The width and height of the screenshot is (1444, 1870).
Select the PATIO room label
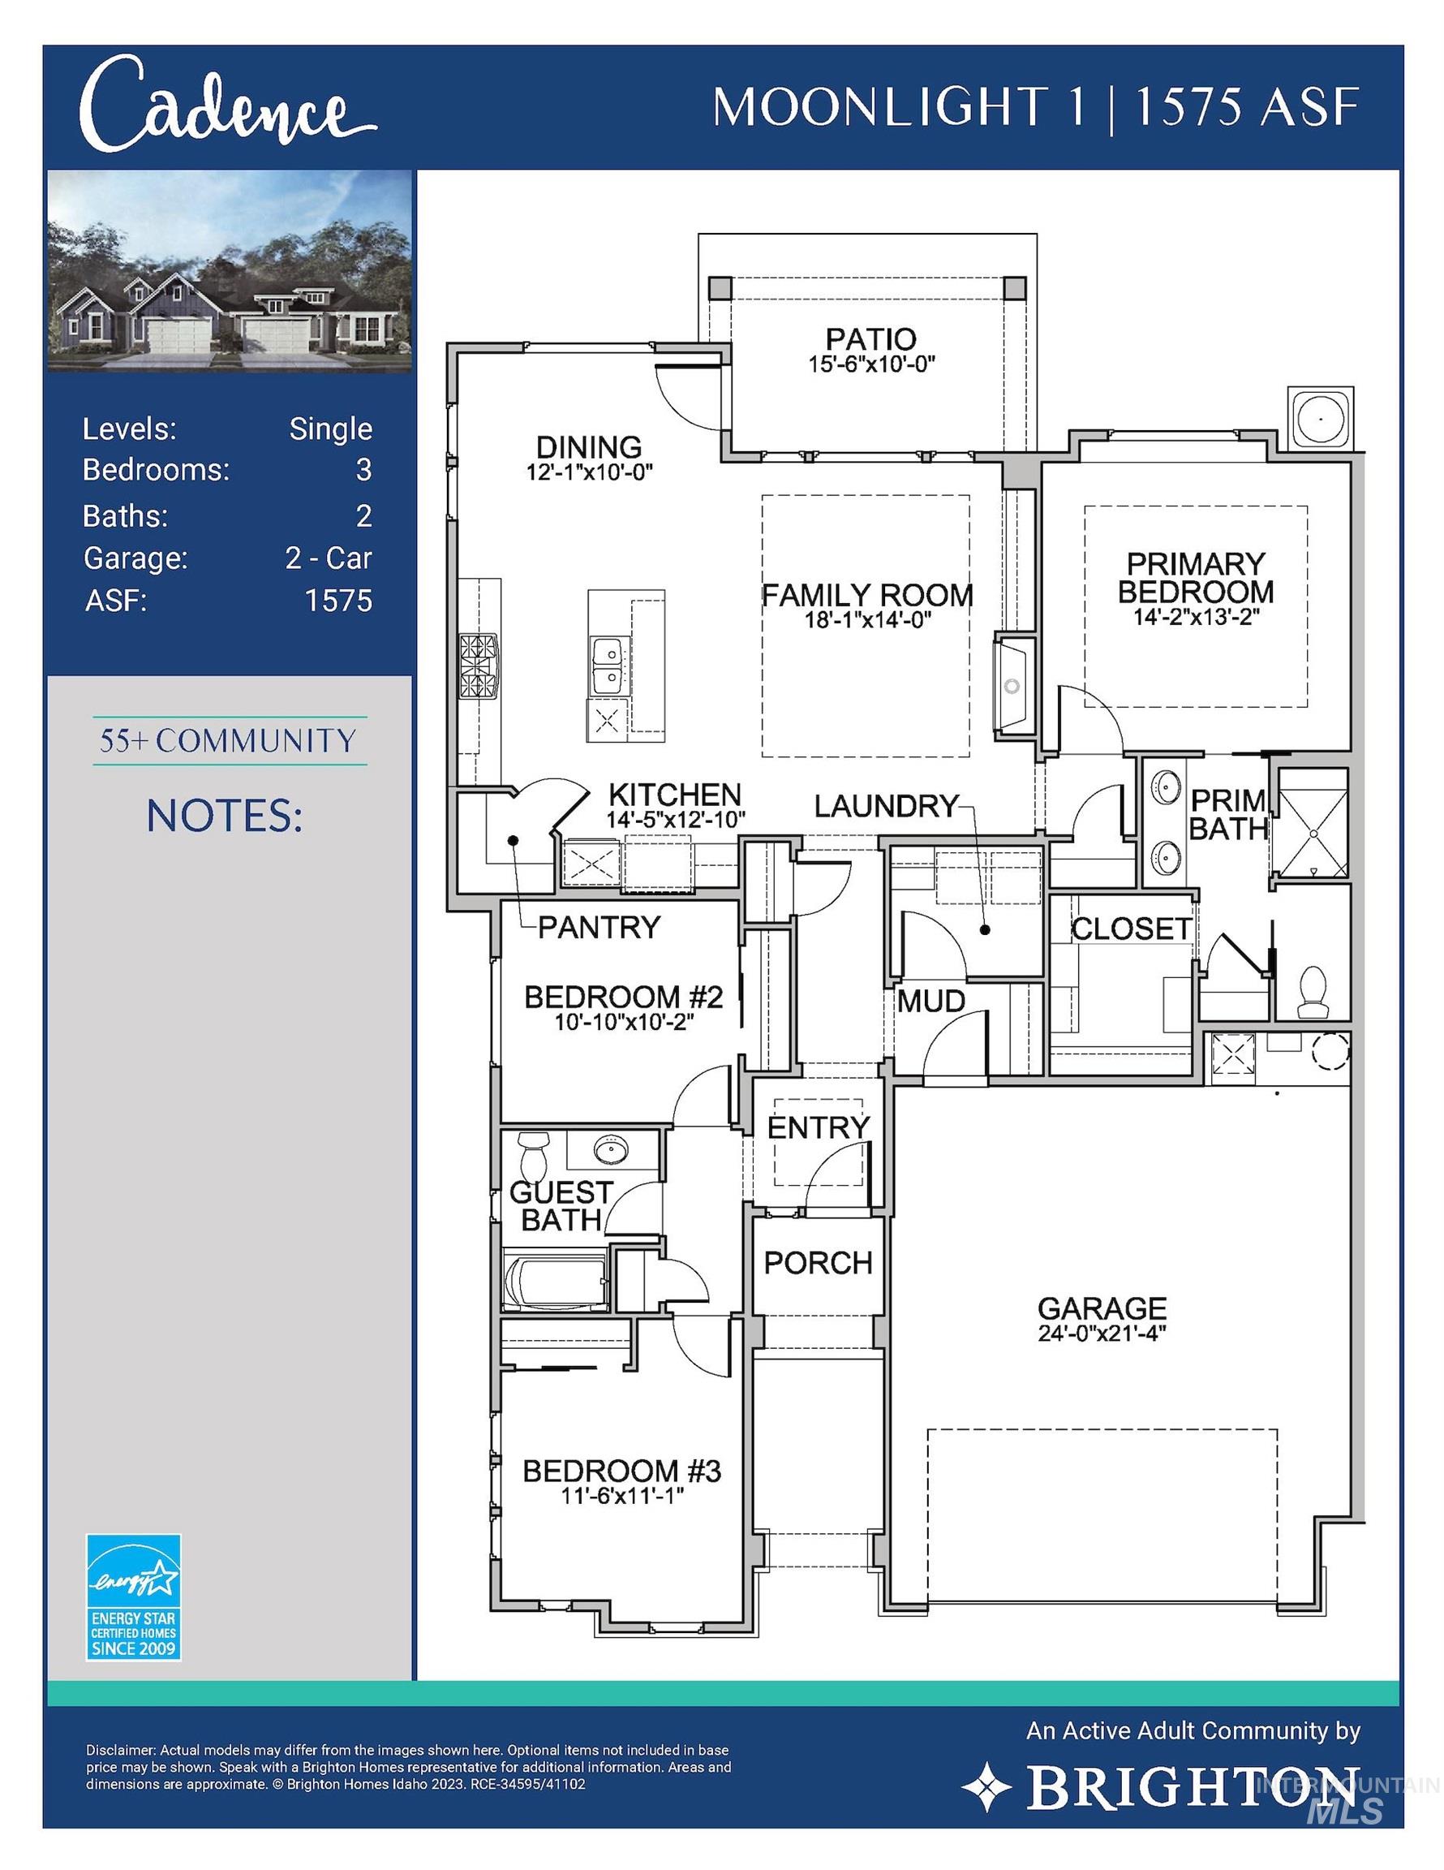(x=870, y=338)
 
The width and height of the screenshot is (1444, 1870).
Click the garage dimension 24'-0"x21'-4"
(x=1102, y=1332)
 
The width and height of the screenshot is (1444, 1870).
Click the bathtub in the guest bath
(x=556, y=1282)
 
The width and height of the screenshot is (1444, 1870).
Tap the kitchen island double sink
(x=608, y=666)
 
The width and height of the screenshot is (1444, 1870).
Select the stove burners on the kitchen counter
(x=478, y=666)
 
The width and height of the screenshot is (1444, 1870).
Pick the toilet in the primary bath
(x=1311, y=992)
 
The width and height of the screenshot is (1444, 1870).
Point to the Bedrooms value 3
(x=363, y=469)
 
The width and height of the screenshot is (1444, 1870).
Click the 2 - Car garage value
(x=329, y=558)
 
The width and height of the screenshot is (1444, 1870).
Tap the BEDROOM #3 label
(x=621, y=1471)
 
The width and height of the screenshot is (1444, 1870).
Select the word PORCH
(x=818, y=1262)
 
